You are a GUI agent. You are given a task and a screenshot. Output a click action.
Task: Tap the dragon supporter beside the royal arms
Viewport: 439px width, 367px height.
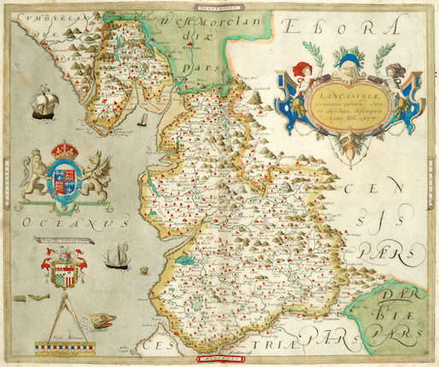[96, 175]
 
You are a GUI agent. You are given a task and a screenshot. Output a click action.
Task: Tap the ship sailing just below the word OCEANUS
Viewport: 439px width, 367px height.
[115, 255]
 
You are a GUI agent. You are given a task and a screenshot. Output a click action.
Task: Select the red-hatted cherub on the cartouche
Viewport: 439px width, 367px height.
[301, 75]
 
